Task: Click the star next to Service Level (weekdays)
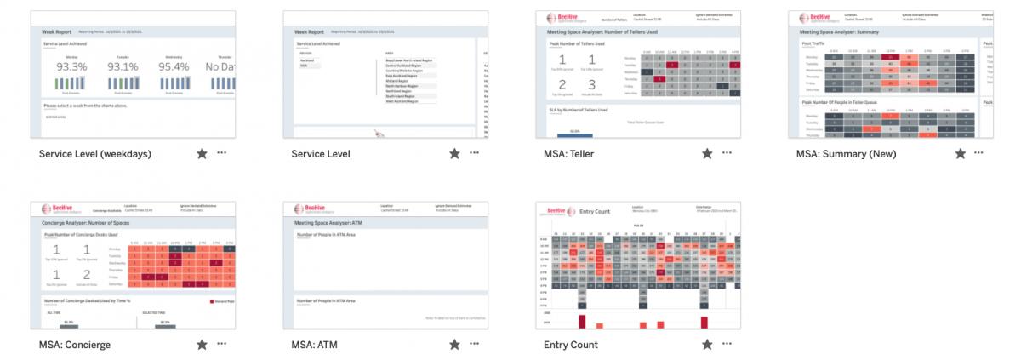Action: (202, 154)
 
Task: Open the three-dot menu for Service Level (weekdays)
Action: (222, 154)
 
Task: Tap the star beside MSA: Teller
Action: (707, 154)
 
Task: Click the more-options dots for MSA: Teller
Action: (727, 154)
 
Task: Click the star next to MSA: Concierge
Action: (202, 345)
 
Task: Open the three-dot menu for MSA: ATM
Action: (474, 345)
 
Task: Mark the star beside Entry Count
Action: (707, 345)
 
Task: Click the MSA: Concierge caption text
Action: (75, 345)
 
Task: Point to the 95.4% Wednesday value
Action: (174, 66)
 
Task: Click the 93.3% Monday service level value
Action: (71, 66)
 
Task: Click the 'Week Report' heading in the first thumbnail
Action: (56, 31)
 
